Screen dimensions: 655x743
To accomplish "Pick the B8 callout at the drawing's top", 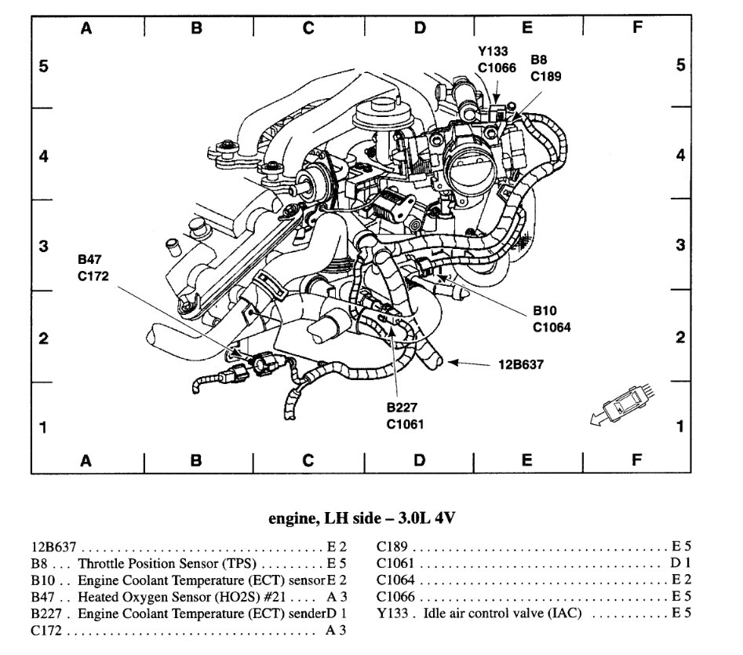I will click(539, 60).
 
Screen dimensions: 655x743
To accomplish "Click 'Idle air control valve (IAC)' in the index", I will click(502, 613).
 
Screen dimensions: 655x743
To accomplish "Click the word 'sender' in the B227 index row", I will click(307, 613).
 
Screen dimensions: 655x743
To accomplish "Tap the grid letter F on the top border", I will click(636, 28).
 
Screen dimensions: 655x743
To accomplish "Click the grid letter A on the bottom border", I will click(86, 461).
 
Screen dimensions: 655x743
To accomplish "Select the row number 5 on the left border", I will click(43, 66).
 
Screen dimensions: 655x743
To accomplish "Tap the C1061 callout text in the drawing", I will click(404, 425).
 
